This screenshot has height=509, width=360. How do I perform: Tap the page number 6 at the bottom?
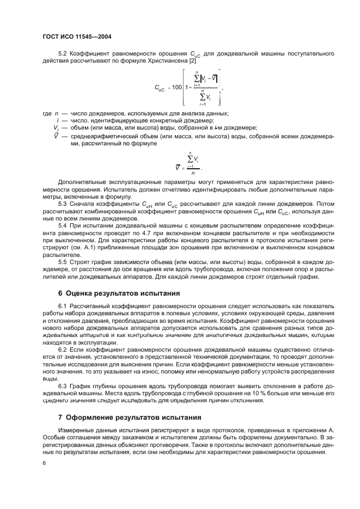point(44,462)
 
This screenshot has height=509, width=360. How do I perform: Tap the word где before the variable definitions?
point(47,113)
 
